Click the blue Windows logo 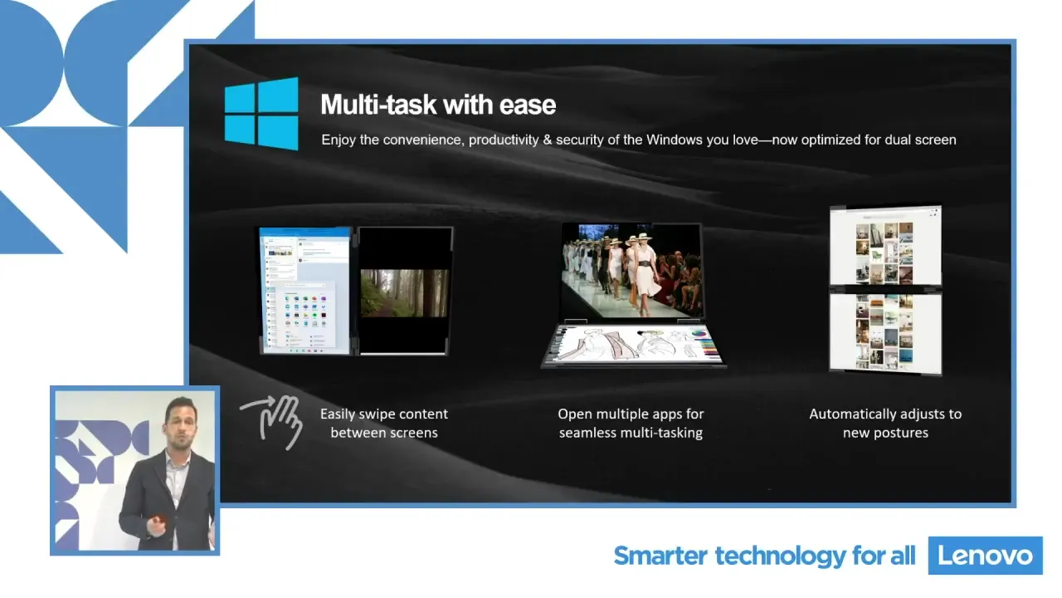click(261, 114)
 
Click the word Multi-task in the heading click(378, 105)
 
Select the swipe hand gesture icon click(271, 421)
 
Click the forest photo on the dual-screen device click(404, 293)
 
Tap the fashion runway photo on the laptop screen click(631, 271)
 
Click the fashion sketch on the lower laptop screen click(633, 345)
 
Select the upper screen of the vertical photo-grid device click(885, 247)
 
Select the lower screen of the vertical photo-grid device click(885, 333)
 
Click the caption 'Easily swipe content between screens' click(384, 424)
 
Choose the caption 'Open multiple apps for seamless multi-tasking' click(631, 424)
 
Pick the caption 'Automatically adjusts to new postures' click(885, 424)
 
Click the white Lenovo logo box click(985, 556)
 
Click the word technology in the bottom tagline click(780, 556)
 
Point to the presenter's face click(181, 424)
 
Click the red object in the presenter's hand click(158, 519)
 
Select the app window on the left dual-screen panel click(305, 291)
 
